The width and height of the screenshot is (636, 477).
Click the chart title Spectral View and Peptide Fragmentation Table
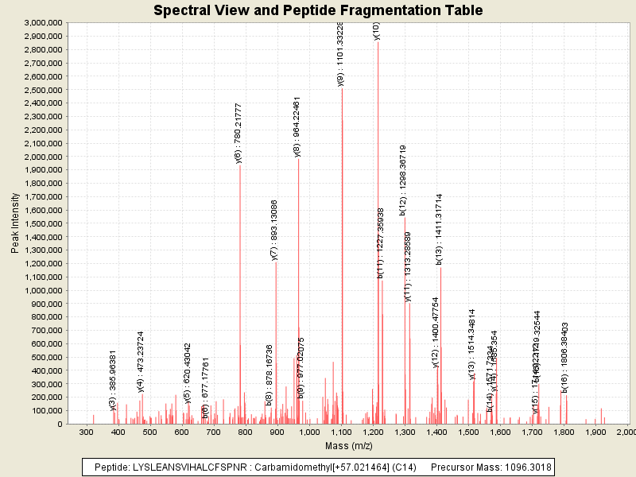tap(318, 10)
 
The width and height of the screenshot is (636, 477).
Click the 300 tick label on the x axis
tap(87, 432)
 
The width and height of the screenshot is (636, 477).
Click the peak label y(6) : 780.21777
tap(238, 133)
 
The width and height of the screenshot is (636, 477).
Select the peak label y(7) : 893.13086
tap(275, 230)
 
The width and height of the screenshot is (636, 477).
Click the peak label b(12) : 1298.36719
tap(403, 180)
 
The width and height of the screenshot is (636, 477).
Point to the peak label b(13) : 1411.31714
tap(438, 228)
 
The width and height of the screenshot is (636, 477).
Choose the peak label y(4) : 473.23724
tap(141, 362)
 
